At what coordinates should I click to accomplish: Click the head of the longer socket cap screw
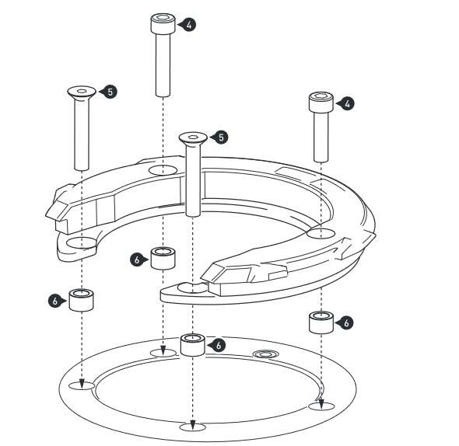(x=163, y=23)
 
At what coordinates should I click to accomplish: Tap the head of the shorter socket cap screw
(x=321, y=102)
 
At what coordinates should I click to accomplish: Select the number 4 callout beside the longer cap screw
(x=188, y=25)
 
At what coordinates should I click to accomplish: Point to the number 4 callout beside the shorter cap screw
(x=346, y=104)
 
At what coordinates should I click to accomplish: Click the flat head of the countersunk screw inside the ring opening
(x=193, y=138)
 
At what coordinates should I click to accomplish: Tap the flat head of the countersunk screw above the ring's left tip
(x=82, y=92)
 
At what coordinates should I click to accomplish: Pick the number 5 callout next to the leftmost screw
(x=109, y=92)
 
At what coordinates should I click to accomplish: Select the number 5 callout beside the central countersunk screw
(x=220, y=137)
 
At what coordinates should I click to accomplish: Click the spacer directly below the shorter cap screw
(x=321, y=322)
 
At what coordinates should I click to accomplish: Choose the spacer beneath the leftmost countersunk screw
(x=82, y=300)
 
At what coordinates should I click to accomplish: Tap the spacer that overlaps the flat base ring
(x=192, y=345)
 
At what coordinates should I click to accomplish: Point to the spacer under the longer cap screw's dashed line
(x=163, y=258)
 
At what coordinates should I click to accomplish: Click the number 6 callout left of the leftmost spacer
(x=55, y=301)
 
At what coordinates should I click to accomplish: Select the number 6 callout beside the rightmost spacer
(x=345, y=323)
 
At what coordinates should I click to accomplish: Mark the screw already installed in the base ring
(x=266, y=354)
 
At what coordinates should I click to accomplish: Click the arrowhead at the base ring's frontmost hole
(x=192, y=425)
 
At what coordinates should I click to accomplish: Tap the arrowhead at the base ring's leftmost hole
(x=82, y=383)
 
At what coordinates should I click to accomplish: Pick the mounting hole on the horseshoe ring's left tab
(x=82, y=243)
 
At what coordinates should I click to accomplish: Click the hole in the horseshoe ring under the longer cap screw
(x=163, y=170)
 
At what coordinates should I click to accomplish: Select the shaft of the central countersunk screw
(x=193, y=179)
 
